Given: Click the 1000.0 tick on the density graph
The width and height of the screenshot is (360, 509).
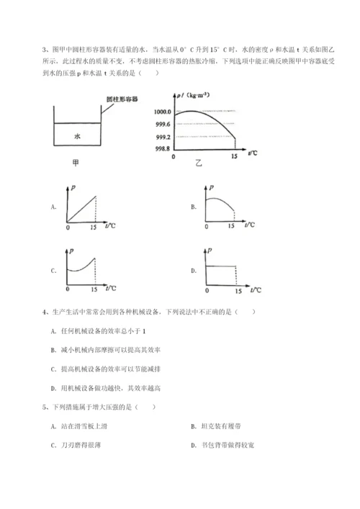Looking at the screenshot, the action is click(x=161, y=112).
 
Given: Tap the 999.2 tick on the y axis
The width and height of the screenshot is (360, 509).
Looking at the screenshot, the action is click(x=161, y=136).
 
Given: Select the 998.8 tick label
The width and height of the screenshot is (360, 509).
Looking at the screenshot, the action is click(x=161, y=148).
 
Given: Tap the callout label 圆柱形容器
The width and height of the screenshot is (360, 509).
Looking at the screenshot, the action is click(x=114, y=97).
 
